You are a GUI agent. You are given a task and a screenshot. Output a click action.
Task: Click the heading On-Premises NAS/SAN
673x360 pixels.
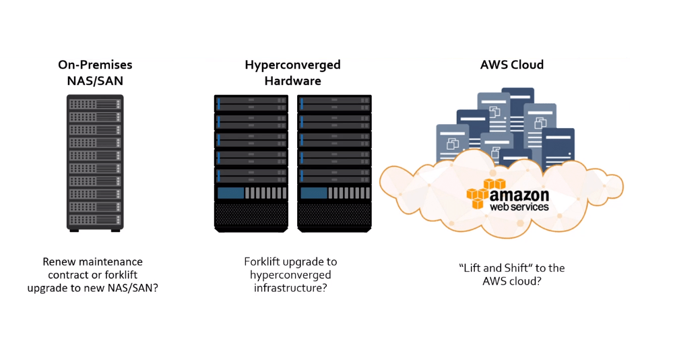click(94, 73)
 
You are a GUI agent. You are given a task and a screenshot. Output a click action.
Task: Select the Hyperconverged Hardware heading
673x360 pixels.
click(292, 73)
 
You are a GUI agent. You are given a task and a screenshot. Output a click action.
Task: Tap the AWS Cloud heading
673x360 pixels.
click(512, 65)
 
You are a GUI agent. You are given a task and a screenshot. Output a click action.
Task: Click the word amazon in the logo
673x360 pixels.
click(519, 195)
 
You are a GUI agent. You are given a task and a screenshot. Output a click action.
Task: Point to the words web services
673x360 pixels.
click(519, 207)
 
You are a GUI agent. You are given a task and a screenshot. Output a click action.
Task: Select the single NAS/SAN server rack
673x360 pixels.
click(95, 162)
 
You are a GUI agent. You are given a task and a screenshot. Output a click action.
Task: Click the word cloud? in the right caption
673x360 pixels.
click(527, 281)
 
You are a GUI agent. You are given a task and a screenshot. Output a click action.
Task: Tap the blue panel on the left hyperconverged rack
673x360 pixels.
click(230, 193)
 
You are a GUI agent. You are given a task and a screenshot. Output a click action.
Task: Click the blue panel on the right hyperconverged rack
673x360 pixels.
click(314, 193)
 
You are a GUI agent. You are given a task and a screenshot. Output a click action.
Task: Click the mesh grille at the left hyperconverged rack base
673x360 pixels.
click(251, 214)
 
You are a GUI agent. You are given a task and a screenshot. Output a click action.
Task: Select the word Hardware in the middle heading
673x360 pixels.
click(292, 81)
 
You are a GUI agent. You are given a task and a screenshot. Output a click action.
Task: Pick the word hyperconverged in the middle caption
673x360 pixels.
click(290, 275)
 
